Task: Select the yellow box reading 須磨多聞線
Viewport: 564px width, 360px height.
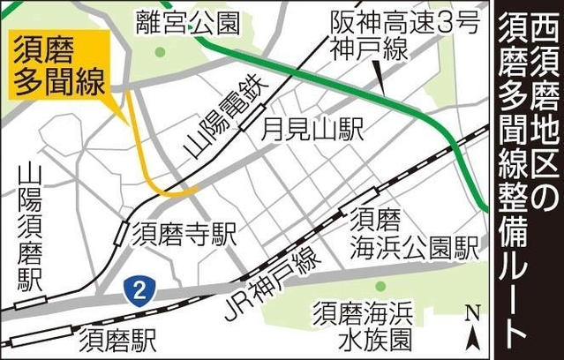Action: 59,65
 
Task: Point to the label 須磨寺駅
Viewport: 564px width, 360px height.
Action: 186,234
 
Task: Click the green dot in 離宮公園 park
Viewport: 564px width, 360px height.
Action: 160,52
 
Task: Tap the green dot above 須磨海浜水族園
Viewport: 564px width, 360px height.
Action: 380,286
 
